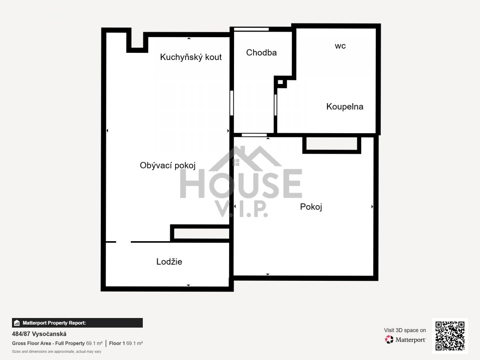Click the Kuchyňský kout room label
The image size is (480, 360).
191,57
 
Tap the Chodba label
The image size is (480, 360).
261,52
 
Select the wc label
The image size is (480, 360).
340,46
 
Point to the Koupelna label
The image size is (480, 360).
345,107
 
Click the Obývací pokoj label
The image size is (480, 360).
168,166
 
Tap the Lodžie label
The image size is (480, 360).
169,262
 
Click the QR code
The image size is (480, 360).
450,336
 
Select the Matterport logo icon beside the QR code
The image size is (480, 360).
389,340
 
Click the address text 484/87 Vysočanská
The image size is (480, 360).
39,334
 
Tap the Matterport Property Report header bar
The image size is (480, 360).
78,323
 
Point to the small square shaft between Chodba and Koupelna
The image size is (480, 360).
280,82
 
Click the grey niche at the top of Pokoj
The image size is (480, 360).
332,144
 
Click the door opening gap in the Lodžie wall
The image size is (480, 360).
123,242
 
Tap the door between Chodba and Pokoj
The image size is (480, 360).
254,135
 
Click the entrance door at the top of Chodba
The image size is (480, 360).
251,29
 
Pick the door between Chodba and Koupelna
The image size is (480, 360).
276,105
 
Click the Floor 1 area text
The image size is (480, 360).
126,343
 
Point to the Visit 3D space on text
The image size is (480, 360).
405,330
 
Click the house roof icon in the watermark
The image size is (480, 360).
245,158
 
